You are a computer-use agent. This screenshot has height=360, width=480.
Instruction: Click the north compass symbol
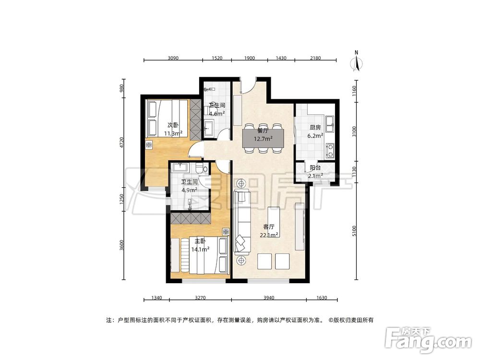tap(356, 62)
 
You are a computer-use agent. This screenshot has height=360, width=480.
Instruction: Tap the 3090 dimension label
tap(173, 58)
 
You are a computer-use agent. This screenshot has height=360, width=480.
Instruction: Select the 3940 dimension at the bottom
tap(268, 298)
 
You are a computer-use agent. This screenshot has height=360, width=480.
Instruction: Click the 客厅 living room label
tap(268, 227)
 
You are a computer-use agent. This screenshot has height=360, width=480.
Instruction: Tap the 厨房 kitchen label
tap(315, 128)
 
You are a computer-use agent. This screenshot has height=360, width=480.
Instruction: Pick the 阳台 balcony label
tap(315, 168)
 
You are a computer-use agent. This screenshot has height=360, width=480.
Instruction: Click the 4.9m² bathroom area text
tap(189, 190)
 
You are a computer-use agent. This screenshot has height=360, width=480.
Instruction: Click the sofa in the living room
tap(241, 221)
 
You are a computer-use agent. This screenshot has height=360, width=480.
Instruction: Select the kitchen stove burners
tap(331, 150)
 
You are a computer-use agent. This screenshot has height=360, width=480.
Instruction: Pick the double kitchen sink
tap(330, 124)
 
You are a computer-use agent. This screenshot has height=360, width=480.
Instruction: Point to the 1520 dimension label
tap(216, 58)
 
